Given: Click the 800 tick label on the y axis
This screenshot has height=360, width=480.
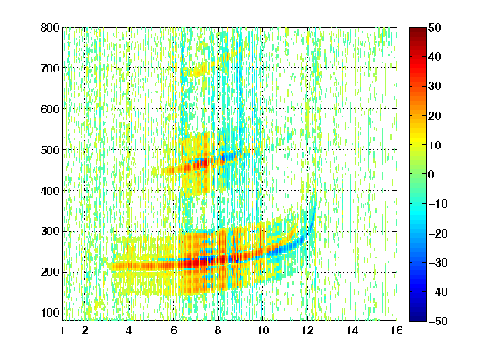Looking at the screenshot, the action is pos(50,27).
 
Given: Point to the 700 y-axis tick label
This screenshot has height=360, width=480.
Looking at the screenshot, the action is pos(50,68).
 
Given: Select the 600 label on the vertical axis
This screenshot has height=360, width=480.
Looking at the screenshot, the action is pos(50,109).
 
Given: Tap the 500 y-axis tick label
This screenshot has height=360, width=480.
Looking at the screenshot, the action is pos(50,150).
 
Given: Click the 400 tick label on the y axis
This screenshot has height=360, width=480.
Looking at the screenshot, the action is pos(50,191).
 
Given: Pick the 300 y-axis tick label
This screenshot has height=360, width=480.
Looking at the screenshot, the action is pos(50,231).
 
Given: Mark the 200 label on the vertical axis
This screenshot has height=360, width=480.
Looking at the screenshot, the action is pos(50,272).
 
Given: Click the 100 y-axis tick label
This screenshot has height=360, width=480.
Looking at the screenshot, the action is pos(50,312).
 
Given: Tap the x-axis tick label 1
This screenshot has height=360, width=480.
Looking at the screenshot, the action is pos(62,330).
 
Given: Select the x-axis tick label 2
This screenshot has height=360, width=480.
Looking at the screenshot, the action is pos(85,330).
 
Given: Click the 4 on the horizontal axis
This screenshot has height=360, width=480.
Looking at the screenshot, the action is pos(129,330).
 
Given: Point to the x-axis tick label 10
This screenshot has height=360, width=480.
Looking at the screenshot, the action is pos(262,330).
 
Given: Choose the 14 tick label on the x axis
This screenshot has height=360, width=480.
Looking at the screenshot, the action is pos(352,330).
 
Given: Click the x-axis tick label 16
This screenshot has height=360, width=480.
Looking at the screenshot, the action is pos(397,330).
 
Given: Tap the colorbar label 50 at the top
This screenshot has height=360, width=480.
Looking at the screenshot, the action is pos(434,27).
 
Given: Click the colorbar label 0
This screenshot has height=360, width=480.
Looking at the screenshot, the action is pos(432,174).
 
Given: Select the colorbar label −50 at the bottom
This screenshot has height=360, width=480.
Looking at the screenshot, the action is pos(438,321).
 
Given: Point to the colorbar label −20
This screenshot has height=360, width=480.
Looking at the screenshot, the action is pos(438,233).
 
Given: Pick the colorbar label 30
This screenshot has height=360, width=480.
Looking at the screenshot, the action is pos(434,87).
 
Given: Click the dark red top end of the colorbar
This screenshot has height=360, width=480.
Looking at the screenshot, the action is pos(417,30).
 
